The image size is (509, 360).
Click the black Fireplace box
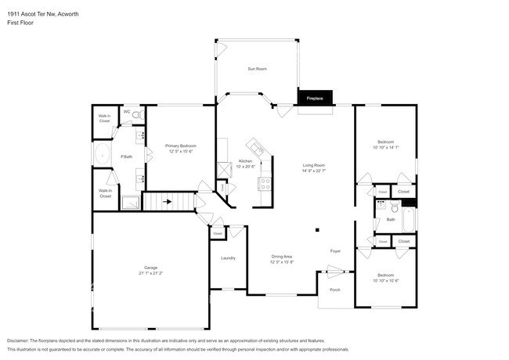pyautogui.click(x=315, y=99)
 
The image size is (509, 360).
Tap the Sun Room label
pyautogui.click(x=258, y=69)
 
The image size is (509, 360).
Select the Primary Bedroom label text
pyautogui.click(x=180, y=146)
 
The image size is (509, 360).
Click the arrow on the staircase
pyautogui.click(x=167, y=201)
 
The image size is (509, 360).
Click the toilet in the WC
pyautogui.click(x=136, y=117)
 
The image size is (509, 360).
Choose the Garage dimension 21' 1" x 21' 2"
pyautogui.click(x=150, y=273)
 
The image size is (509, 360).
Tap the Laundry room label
pyautogui.click(x=228, y=257)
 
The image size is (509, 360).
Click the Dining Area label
pyautogui.click(x=281, y=256)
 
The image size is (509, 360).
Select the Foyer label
pyautogui.click(x=335, y=251)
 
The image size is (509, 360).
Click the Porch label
pyautogui.click(x=335, y=290)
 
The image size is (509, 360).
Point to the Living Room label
pyautogui.click(x=314, y=165)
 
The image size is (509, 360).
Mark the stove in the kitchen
pyautogui.click(x=265, y=185)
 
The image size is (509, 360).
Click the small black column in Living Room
pyautogui.click(x=317, y=230)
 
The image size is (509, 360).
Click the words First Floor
pyautogui.click(x=20, y=23)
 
